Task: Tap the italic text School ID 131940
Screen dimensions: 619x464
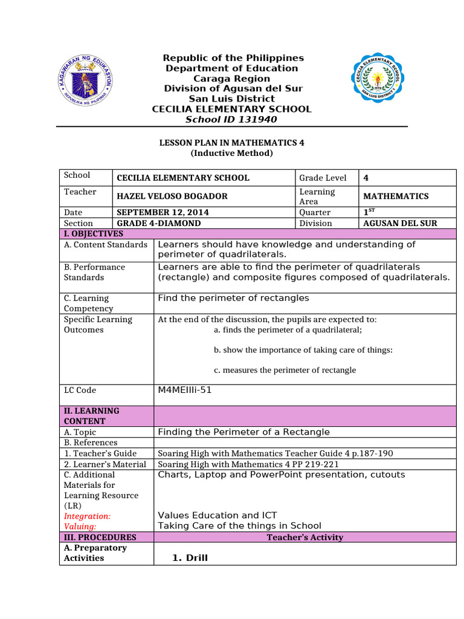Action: coord(231,120)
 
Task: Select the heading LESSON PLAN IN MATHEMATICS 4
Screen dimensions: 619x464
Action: coord(231,143)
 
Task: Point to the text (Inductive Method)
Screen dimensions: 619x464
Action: coord(231,153)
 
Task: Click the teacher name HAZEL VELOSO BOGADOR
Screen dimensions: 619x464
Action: coord(172,196)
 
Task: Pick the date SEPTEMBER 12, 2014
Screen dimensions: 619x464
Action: coord(158,212)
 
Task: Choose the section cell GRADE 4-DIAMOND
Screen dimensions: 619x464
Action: coord(158,223)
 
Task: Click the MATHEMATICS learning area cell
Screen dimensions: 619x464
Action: coord(396,196)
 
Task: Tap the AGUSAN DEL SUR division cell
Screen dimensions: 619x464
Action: coord(400,223)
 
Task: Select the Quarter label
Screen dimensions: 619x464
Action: coord(315,212)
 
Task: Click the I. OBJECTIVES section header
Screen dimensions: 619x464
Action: coord(94,234)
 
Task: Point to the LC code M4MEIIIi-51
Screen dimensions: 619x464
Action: coord(185,390)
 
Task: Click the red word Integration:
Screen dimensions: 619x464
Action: coord(87,516)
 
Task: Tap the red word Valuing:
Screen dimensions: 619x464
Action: coord(80,527)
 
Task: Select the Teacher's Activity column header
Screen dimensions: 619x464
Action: coord(304,537)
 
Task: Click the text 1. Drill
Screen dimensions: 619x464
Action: coord(190,558)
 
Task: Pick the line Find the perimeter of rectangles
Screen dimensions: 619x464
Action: coord(233,298)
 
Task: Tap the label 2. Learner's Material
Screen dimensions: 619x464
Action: coord(105,464)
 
